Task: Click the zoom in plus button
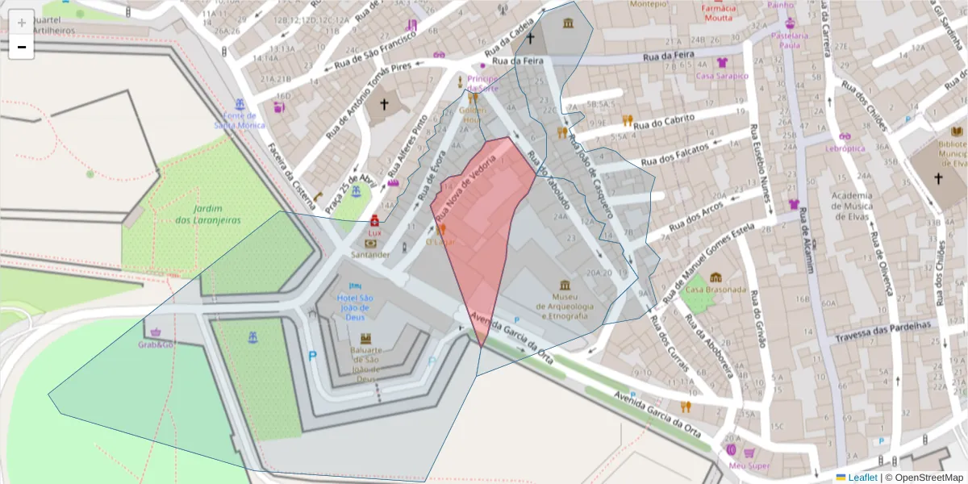(22, 22)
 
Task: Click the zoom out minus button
(22, 47)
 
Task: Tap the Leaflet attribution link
(862, 478)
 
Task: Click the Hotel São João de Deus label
(355, 302)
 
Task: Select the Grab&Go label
(156, 344)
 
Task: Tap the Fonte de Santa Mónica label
(239, 120)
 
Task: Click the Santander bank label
(370, 254)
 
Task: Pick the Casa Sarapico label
(722, 76)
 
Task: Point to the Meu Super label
(749, 465)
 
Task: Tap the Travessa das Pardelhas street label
(883, 331)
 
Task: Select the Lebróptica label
(845, 148)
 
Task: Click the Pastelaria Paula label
(790, 40)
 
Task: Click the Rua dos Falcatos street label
(675, 155)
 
